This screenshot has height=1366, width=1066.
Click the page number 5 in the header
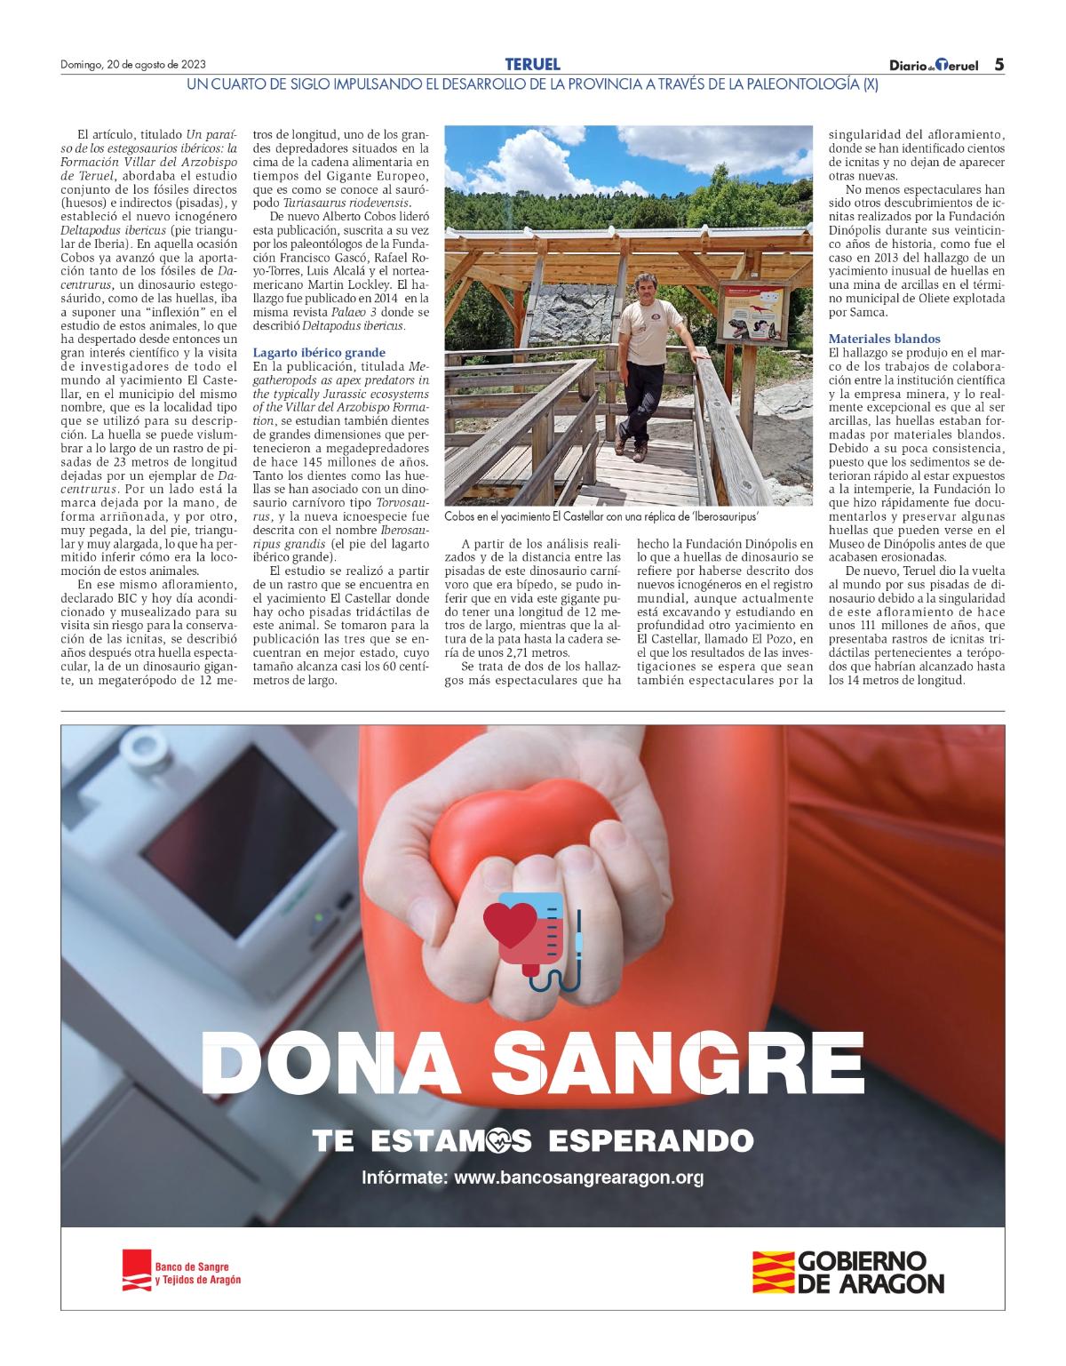tap(998, 64)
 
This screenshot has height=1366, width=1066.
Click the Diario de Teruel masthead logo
tap(934, 65)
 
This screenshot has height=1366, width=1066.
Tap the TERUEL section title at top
tap(532, 64)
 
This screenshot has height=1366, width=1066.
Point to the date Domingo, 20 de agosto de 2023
tap(133, 65)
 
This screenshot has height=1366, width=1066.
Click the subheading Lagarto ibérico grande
tap(319, 352)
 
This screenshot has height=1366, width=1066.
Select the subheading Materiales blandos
tap(884, 339)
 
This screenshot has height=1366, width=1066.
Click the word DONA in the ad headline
tap(333, 1065)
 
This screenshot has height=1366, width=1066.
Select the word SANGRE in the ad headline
tap(675, 1065)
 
